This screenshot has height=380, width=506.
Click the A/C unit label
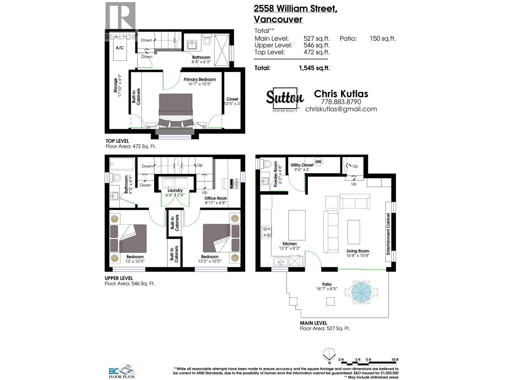(120, 48)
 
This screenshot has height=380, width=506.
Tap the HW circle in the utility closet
(318, 161)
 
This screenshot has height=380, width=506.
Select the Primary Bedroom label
(200, 79)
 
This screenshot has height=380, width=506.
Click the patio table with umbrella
(361, 292)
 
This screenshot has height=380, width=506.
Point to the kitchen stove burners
(267, 232)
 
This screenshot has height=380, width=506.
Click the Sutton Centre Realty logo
(285, 99)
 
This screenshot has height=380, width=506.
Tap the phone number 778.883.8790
(341, 102)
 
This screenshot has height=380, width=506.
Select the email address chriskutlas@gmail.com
(341, 109)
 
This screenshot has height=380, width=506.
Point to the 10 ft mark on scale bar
(395, 360)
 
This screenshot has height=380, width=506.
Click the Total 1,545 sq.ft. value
(314, 68)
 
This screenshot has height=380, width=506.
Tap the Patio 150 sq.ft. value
(382, 39)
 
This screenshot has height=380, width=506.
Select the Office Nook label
(215, 198)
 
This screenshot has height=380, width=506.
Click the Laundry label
(175, 190)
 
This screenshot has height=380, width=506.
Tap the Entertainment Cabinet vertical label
(388, 234)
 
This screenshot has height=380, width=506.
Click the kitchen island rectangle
(297, 225)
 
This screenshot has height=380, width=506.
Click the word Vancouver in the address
(278, 19)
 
